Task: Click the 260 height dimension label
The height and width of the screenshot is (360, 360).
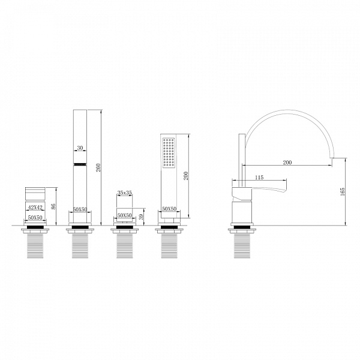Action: point(98,167)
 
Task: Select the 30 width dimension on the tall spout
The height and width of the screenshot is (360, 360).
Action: point(80,148)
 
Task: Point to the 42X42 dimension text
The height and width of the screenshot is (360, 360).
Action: point(35,208)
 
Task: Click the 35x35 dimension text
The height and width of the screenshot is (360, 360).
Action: point(124,193)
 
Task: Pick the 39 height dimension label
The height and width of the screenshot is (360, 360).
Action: point(141,217)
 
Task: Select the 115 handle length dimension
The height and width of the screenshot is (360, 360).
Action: point(259,178)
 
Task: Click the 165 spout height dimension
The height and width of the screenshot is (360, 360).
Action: point(343,191)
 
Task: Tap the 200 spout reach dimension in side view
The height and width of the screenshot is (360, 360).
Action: point(287,163)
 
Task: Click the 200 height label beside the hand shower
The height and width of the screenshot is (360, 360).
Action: point(186,176)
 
